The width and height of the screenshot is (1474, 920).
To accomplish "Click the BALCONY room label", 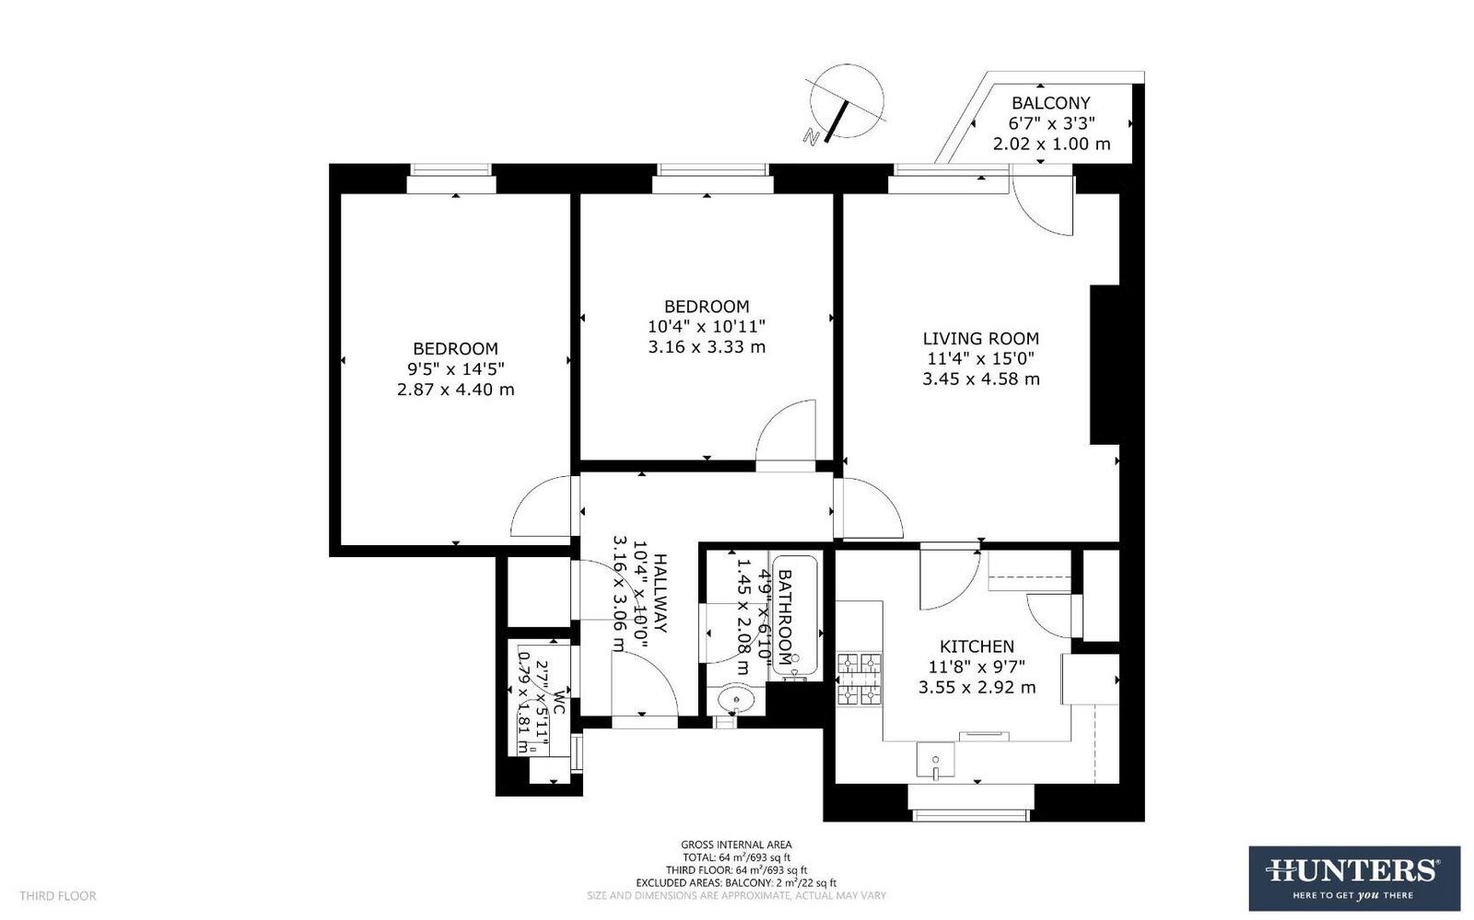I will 1050,103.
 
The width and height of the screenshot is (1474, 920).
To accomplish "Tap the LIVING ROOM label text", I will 981,339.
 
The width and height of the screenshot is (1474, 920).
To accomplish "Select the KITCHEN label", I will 977,646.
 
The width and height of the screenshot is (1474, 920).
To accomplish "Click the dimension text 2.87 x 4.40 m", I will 455,390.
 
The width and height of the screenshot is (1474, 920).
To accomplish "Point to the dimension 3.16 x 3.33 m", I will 707,347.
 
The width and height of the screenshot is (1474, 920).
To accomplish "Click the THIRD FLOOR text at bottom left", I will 58,895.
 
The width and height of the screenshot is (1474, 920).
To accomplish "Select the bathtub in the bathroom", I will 796,617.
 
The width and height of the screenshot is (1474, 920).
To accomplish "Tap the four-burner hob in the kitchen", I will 858,679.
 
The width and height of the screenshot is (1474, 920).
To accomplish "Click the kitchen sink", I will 935,761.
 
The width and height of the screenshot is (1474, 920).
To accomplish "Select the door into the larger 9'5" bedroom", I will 544,507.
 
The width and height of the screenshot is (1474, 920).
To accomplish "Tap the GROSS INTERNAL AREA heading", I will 736,844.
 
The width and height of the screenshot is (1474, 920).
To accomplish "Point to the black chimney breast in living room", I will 1105,365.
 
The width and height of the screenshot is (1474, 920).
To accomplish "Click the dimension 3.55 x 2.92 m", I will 977,688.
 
